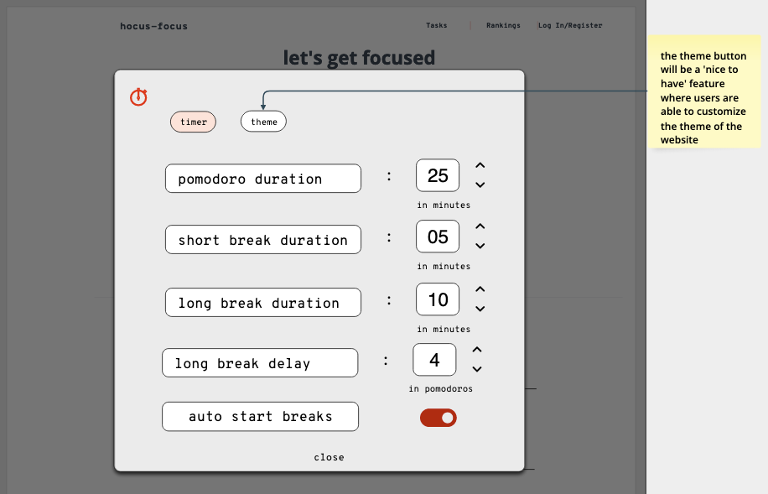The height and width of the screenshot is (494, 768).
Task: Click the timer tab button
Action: pos(193,122)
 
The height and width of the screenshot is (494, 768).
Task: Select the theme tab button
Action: pos(263,122)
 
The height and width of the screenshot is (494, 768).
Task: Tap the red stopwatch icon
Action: pos(138,96)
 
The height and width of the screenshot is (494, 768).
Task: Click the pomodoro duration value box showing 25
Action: pos(438,175)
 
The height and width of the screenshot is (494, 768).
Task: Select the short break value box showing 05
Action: pos(438,237)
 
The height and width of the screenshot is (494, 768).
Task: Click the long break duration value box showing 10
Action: pos(438,299)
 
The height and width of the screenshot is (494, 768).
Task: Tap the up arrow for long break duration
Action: pos(480,289)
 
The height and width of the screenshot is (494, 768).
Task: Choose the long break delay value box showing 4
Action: pos(434,360)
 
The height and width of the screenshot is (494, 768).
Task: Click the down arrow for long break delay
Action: pos(477,369)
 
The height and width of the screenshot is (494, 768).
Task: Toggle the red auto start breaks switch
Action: pos(438,418)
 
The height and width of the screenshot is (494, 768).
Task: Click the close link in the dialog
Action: pos(330,457)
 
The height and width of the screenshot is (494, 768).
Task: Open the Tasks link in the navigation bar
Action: pos(437,25)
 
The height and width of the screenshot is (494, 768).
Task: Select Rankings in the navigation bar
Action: pos(503,25)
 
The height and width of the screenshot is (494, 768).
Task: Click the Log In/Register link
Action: pos(570,25)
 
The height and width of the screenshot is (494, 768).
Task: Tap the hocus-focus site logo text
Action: pos(153,26)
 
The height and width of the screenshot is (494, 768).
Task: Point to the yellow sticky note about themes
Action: pos(704,91)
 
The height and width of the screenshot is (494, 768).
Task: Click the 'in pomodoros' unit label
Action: pos(441,388)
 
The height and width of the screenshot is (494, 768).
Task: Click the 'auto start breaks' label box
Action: pos(260,417)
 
